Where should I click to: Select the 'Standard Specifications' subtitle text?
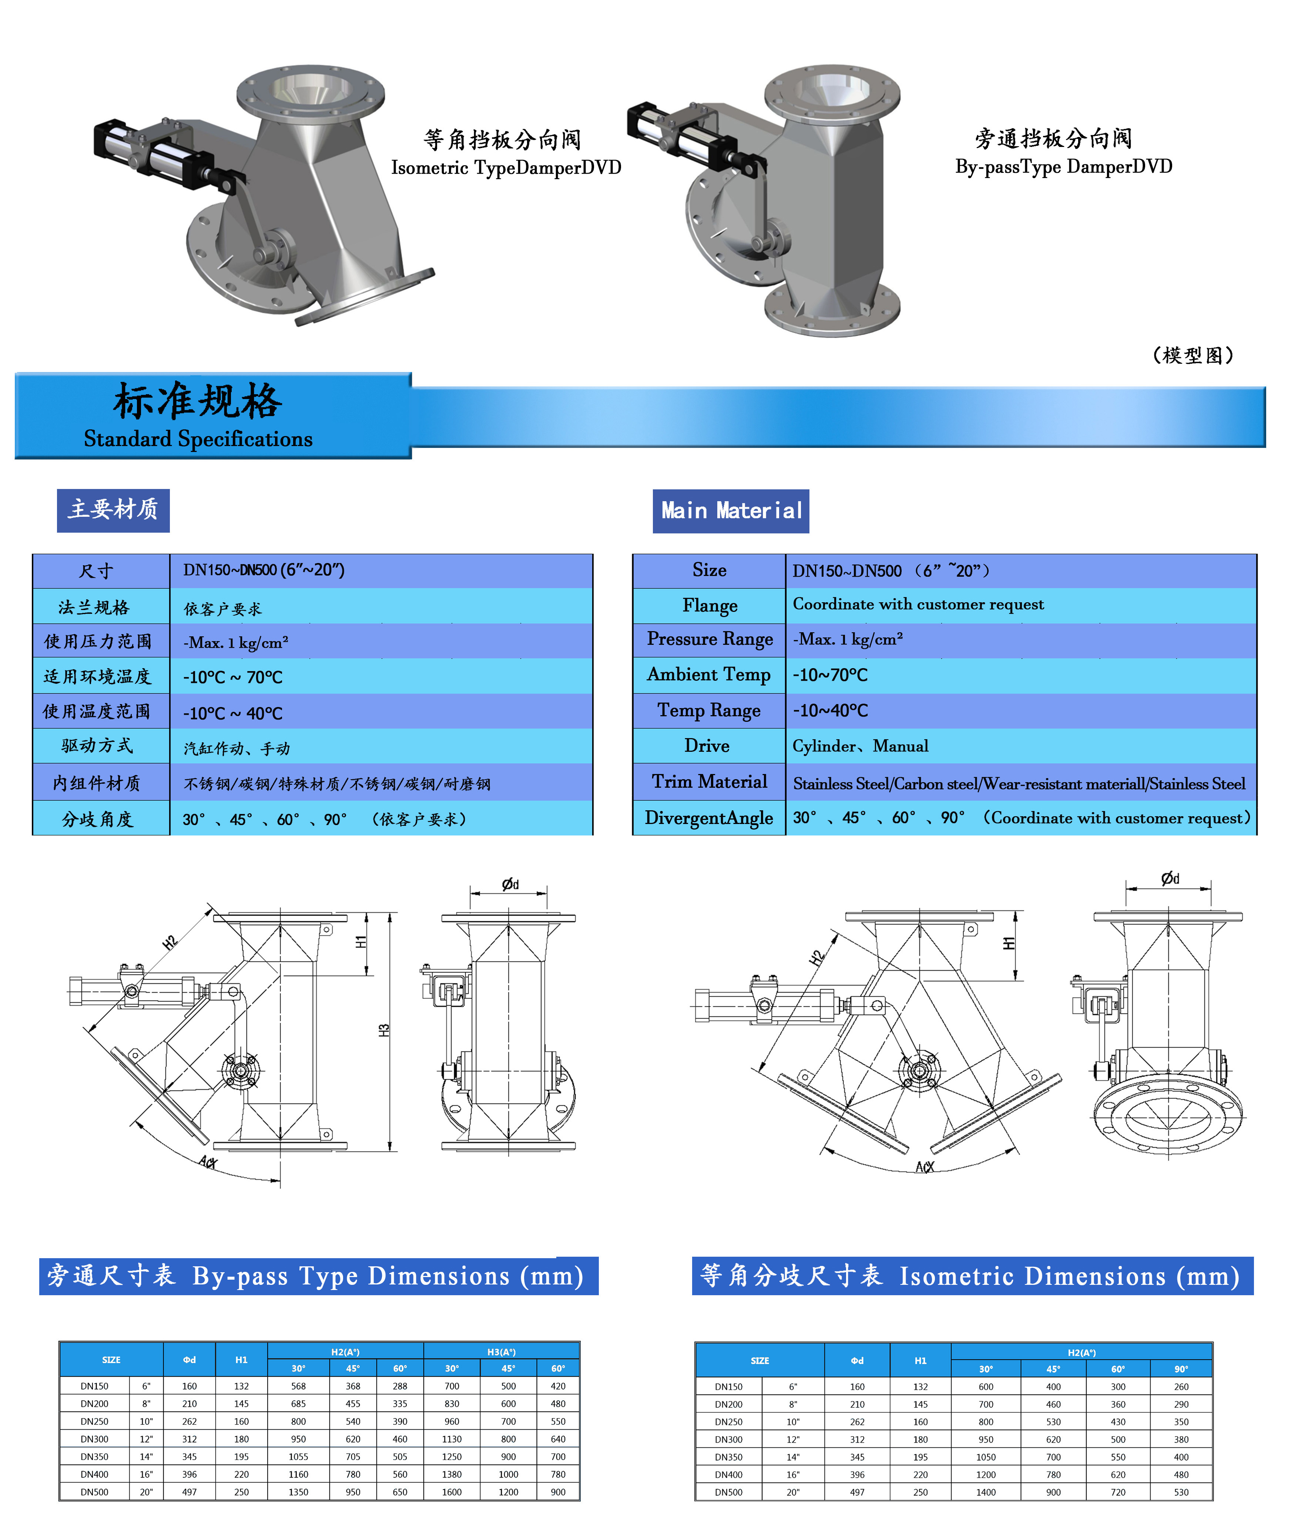coord(198,439)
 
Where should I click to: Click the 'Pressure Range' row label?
coord(710,639)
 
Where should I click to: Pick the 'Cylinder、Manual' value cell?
coord(861,746)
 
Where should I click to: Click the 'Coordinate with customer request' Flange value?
coord(918,604)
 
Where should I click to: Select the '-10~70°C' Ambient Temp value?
coord(829,674)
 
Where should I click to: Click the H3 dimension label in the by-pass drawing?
coord(383,1030)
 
